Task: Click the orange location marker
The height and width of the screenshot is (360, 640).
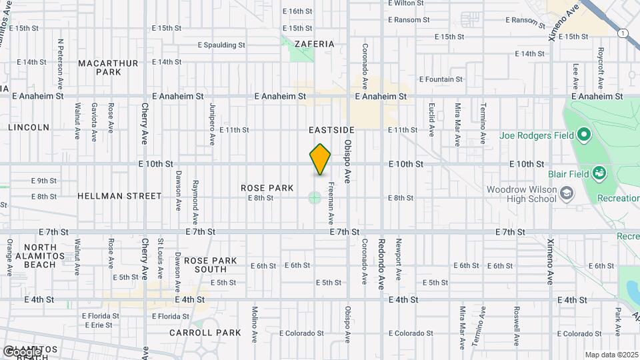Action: [x=320, y=159]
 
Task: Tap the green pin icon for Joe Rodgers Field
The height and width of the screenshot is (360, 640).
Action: [x=584, y=136]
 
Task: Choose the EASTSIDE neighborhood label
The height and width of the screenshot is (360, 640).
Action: [x=331, y=129]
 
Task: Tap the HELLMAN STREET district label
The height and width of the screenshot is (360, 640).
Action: [x=119, y=196]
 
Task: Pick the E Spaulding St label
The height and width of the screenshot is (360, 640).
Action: [x=221, y=45]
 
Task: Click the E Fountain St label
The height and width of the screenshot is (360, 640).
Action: [x=441, y=79]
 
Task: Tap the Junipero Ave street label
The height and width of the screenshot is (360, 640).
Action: [x=212, y=124]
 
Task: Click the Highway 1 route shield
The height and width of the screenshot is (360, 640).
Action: [x=623, y=33]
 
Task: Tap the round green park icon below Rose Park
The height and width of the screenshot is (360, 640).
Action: [x=314, y=197]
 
